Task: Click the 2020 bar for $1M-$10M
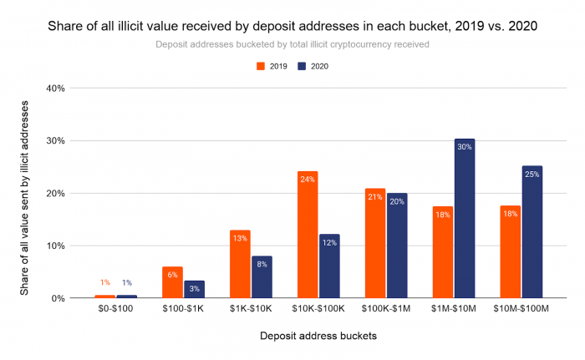pyautogui.click(x=465, y=218)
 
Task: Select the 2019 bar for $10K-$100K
pyautogui.click(x=308, y=235)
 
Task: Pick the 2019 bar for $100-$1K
pyautogui.click(x=172, y=282)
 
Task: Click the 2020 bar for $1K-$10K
pyautogui.click(x=262, y=276)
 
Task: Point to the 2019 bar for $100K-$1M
pyautogui.click(x=375, y=243)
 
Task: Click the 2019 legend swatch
pyautogui.click(x=261, y=65)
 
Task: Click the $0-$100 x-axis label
pyautogui.click(x=115, y=310)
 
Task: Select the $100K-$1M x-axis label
pyautogui.click(x=386, y=310)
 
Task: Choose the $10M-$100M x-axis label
pyautogui.click(x=521, y=310)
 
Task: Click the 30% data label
pyautogui.click(x=465, y=147)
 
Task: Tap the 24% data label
pyautogui.click(x=308, y=179)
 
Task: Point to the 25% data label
pyautogui.click(x=532, y=174)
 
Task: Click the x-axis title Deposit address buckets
pyautogui.click(x=318, y=336)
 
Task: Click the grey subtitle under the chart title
pyautogui.click(x=292, y=44)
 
